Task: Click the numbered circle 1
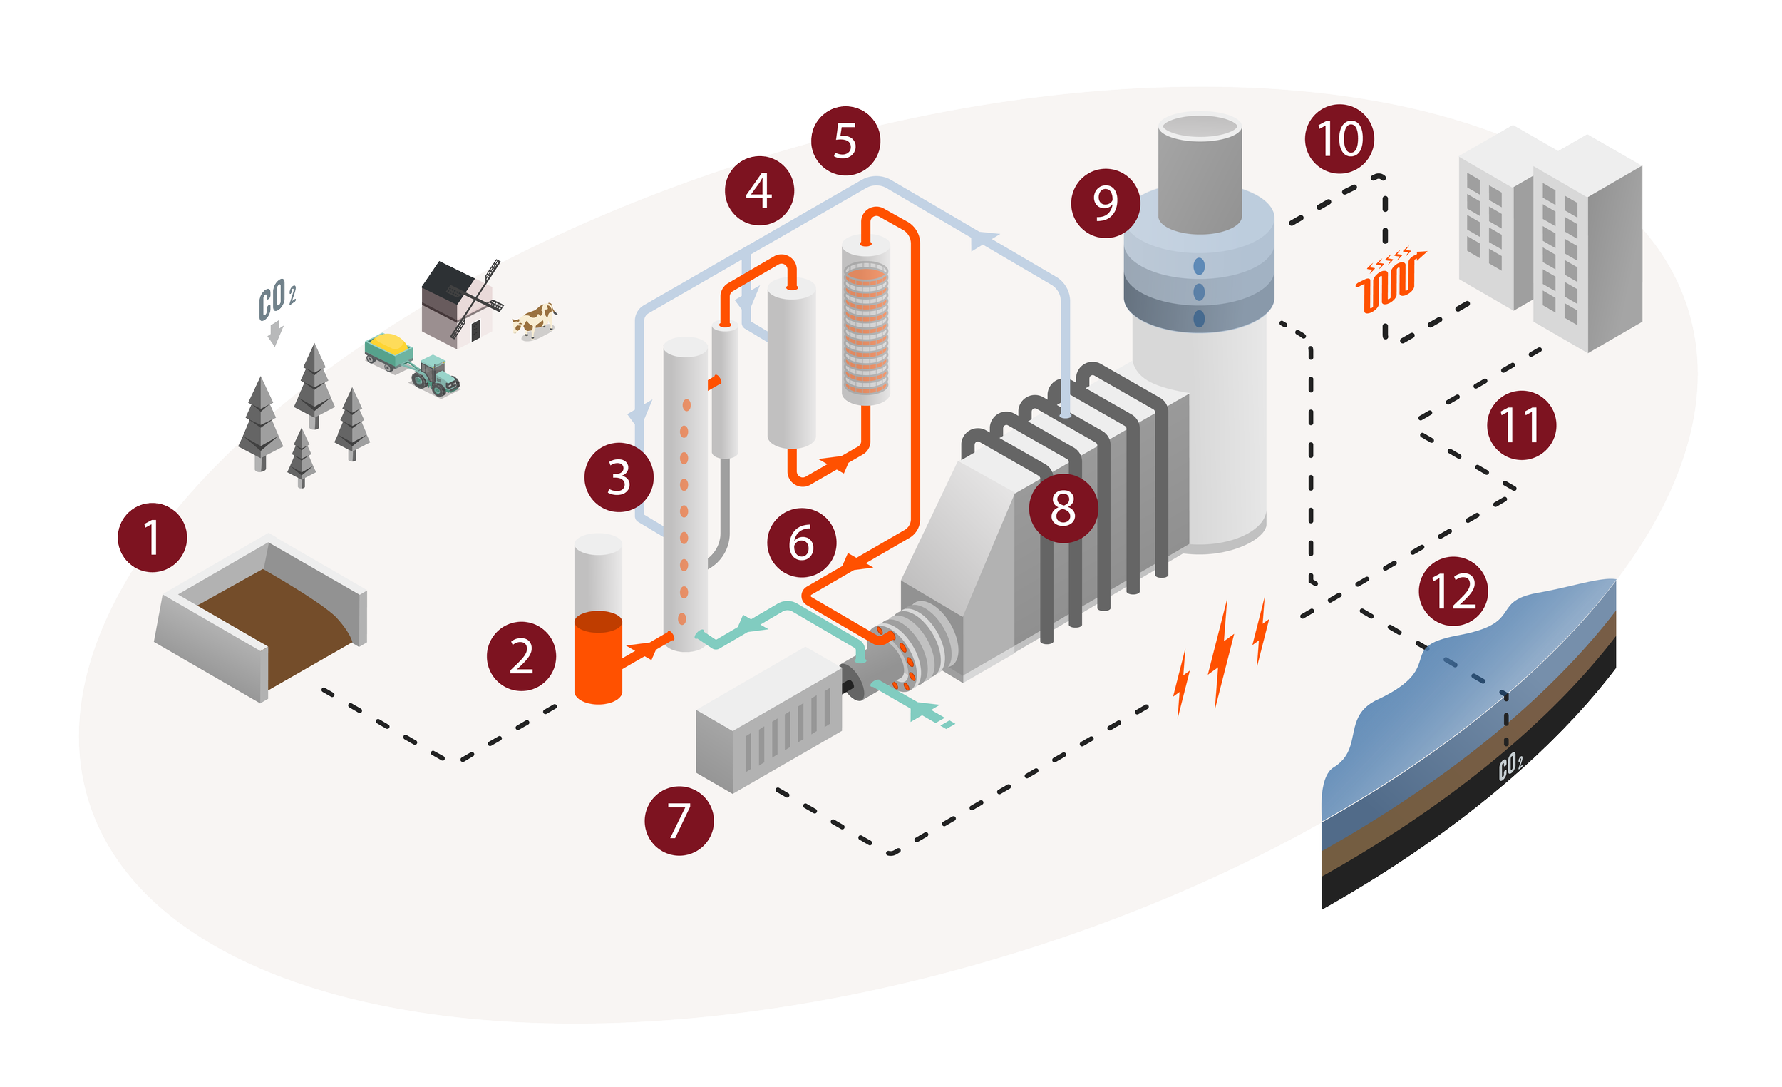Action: click(152, 538)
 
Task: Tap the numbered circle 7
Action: click(679, 821)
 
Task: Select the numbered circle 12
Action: click(1453, 592)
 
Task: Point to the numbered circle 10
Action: click(1339, 139)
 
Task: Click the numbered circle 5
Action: click(845, 141)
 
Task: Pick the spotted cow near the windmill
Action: click(535, 320)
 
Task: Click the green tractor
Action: click(437, 375)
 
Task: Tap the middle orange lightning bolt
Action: click(1222, 651)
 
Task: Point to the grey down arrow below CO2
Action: click(275, 335)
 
